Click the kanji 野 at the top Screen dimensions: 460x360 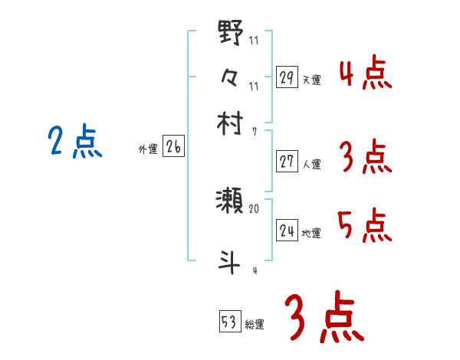click(231, 34)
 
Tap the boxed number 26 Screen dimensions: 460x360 click(173, 148)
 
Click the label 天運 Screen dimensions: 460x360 click(312, 80)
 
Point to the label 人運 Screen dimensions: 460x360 click(312, 164)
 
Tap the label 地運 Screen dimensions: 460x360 click(312, 233)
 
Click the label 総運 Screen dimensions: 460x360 click(255, 325)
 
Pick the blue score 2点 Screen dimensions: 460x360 click(74, 142)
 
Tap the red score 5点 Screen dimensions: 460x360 click(364, 225)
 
